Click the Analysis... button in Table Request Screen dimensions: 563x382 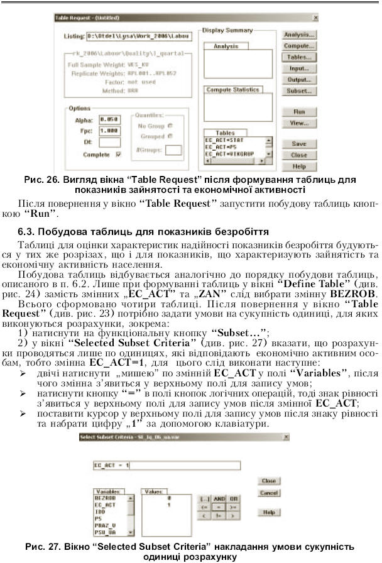point(299,35)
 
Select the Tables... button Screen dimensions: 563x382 point(299,57)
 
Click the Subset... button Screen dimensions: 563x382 point(299,91)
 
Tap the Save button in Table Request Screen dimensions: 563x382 point(299,144)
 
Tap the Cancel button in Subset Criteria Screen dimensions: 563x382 point(269,493)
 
